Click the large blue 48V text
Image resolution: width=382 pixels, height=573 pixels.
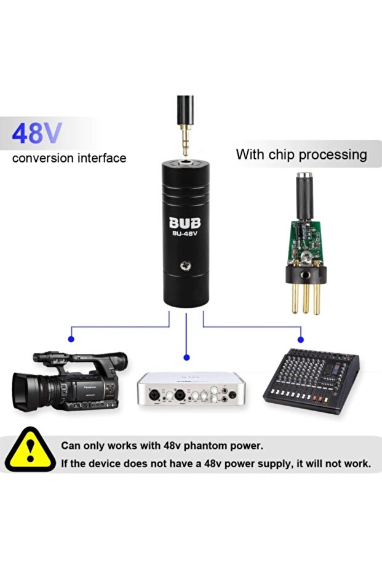tap(37, 133)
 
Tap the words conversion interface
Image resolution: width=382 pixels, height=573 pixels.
tap(69, 158)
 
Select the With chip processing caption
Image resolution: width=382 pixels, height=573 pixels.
tap(301, 154)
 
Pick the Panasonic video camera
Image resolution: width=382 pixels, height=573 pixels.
tap(69, 382)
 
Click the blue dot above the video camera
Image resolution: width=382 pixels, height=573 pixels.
tap(71, 339)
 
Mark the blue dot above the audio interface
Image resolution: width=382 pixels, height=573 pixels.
tap(186, 357)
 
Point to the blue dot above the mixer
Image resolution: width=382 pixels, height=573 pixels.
tap(301, 339)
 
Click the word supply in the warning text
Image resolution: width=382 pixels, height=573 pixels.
tap(263, 463)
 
